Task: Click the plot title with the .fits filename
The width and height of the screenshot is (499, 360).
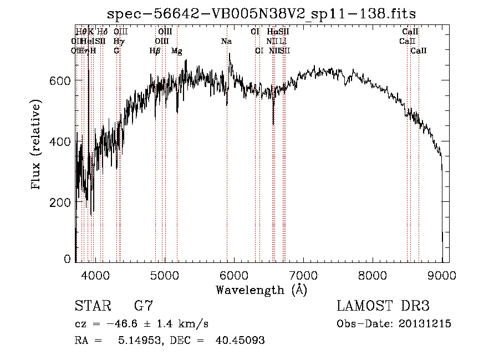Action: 262,13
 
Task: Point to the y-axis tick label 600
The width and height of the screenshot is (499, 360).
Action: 60,81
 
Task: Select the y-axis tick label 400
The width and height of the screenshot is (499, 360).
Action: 60,142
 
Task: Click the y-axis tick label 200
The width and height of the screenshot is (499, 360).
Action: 60,202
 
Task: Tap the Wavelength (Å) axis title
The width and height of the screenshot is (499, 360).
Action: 261,290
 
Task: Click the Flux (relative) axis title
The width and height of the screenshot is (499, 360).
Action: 37,145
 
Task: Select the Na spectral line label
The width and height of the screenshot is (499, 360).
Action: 226,42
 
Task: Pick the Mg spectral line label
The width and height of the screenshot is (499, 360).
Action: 177,51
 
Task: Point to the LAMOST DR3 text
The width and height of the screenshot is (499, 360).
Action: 383,306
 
